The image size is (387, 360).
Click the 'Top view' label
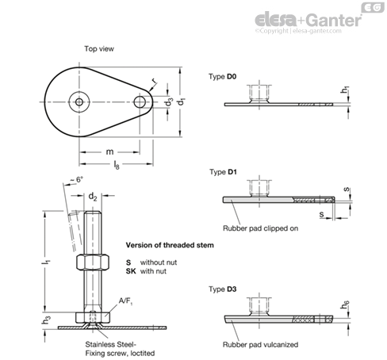[99, 49]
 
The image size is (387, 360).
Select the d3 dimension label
[169, 101]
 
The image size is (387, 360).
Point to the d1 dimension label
[182, 101]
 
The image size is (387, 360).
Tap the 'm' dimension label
[109, 151]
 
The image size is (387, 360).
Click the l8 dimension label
[117, 165]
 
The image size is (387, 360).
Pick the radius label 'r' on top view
[154, 81]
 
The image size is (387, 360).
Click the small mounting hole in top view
[140, 102]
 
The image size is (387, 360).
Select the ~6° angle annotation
[76, 180]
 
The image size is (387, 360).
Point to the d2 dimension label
[93, 197]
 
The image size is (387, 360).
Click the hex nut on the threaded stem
[93, 262]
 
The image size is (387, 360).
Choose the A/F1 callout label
[125, 301]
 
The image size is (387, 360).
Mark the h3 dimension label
[46, 320]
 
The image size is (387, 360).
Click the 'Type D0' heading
[222, 77]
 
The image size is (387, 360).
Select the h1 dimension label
[345, 90]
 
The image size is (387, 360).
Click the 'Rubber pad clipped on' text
[260, 228]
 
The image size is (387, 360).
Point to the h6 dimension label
[345, 304]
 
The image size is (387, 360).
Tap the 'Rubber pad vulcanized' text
[260, 344]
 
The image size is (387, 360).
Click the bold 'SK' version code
[131, 271]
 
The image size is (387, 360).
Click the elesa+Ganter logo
[308, 21]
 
